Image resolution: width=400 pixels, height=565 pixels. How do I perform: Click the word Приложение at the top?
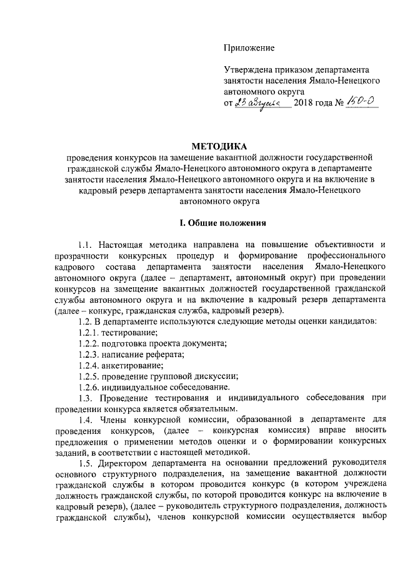249,47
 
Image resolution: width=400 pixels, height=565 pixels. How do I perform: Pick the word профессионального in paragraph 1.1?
343,257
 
